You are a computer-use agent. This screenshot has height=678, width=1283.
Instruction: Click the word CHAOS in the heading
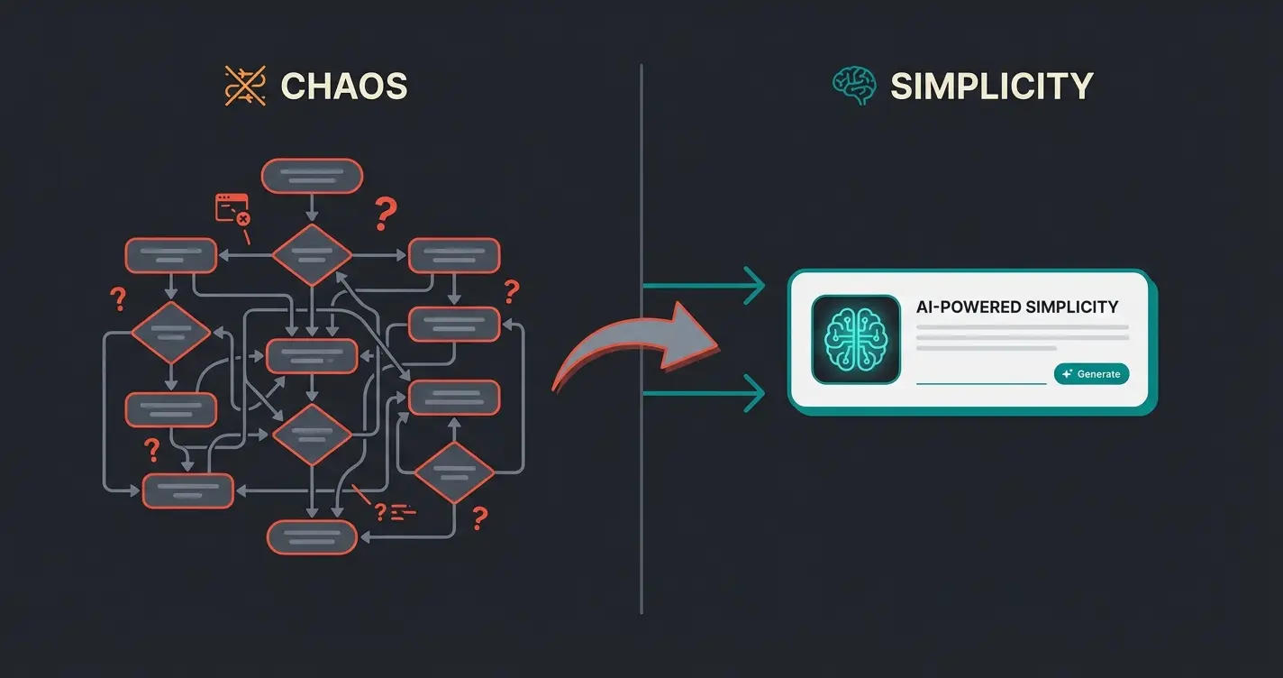[x=344, y=87]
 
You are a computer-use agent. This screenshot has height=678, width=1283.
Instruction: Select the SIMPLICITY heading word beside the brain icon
[x=991, y=87]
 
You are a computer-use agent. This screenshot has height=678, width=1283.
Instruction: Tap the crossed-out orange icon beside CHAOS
[x=246, y=87]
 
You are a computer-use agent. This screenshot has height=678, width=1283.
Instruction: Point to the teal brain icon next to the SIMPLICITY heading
[x=853, y=87]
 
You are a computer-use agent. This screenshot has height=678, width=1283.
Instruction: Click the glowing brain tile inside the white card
[x=856, y=339]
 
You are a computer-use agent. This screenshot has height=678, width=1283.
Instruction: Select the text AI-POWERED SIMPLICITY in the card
[x=1016, y=307]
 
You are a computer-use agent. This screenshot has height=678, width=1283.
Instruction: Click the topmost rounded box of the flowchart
[x=312, y=176]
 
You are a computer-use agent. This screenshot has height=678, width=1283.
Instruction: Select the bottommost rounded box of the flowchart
[x=313, y=537]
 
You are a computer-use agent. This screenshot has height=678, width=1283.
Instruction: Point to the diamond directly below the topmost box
[x=312, y=255]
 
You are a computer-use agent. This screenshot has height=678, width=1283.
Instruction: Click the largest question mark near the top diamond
[x=385, y=215]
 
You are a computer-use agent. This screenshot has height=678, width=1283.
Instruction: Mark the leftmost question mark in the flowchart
[x=116, y=298]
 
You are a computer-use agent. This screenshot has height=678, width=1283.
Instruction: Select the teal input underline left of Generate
[x=980, y=382]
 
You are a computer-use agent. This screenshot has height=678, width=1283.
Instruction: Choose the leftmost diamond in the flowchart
[x=170, y=333]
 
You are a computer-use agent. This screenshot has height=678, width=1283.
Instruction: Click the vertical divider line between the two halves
[x=641, y=505]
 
